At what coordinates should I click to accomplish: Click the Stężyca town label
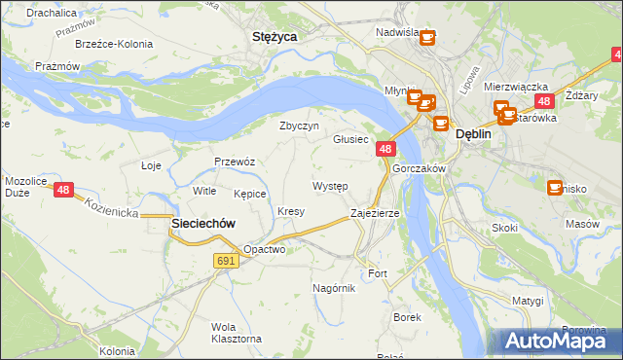(274, 36)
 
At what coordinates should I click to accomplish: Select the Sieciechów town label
(203, 223)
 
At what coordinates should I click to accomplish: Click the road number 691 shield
(226, 261)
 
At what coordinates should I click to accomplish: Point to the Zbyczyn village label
(299, 126)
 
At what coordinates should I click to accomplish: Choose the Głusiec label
(350, 139)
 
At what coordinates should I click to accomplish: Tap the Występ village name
(330, 185)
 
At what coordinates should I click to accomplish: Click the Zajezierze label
(375, 212)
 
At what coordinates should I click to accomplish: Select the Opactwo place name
(264, 249)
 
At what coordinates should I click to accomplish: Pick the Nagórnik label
(334, 288)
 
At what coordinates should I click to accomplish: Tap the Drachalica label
(53, 13)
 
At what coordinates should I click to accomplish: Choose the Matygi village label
(528, 301)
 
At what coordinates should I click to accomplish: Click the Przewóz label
(235, 162)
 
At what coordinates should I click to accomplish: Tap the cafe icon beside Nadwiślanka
(427, 39)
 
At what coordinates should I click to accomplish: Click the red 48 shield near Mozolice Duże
(63, 190)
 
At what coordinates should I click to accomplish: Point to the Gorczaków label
(419, 168)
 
